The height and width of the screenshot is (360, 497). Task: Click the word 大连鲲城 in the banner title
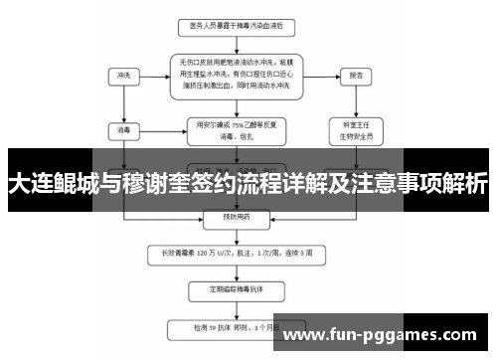tap(50, 183)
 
